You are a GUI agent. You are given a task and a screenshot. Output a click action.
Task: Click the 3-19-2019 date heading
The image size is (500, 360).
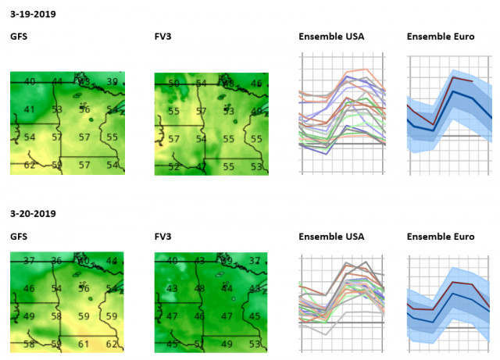(33, 14)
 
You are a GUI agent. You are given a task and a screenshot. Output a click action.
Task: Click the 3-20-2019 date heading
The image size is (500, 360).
(33, 213)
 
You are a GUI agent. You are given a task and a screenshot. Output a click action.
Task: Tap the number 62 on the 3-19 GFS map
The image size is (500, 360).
(30, 165)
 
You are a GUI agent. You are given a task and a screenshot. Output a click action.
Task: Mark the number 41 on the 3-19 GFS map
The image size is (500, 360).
(30, 109)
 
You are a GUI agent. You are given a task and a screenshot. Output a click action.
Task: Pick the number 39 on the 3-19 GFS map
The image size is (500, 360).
(112, 82)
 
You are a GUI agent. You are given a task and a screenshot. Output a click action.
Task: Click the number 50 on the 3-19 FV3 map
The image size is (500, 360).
(174, 83)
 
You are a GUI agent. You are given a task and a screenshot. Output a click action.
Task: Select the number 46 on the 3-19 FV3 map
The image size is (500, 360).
(255, 83)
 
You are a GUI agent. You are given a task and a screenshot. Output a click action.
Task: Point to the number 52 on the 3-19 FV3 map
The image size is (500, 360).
(174, 166)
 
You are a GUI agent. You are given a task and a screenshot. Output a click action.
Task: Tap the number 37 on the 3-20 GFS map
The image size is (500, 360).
(30, 261)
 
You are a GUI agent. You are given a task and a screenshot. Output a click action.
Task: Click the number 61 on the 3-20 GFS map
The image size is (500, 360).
(84, 344)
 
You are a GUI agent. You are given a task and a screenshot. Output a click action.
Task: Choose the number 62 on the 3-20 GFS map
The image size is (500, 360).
(112, 344)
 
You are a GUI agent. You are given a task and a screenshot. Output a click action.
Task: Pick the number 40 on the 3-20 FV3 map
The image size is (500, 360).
(173, 261)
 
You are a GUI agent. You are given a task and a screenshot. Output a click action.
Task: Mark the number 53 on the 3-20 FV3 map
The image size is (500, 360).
(255, 344)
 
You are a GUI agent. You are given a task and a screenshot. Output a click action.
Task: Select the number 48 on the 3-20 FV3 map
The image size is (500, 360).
(201, 288)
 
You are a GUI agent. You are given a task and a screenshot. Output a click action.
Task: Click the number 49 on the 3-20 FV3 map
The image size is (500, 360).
(228, 344)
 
